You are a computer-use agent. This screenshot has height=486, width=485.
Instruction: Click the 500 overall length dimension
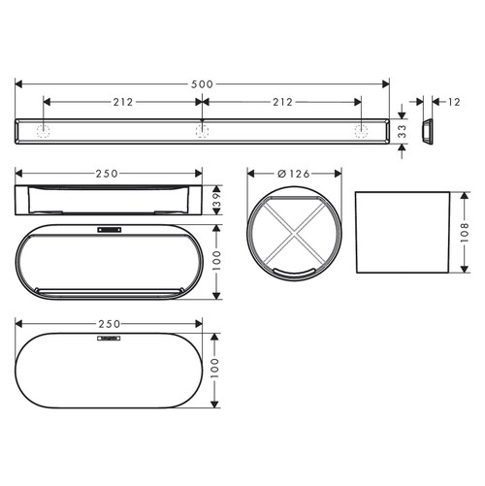pyautogui.click(x=201, y=84)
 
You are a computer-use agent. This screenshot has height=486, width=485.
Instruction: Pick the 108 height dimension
pyautogui.click(x=467, y=231)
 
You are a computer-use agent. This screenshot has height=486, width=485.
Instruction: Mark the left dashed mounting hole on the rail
pyautogui.click(x=42, y=130)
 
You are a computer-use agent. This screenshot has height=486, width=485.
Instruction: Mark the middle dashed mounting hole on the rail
pyautogui.click(x=202, y=130)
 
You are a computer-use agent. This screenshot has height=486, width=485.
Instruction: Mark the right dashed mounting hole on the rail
pyautogui.click(x=363, y=130)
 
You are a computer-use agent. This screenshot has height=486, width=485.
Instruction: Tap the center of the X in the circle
pyautogui.click(x=295, y=231)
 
